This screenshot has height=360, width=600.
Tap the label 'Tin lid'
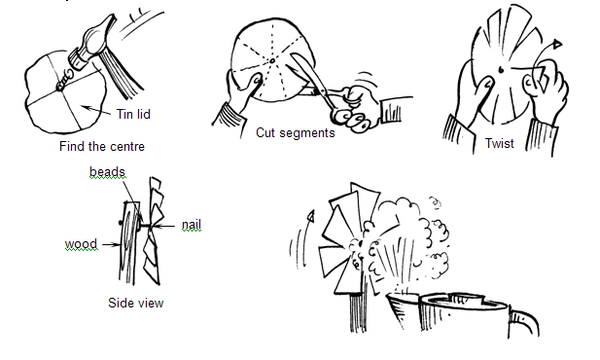click(x=133, y=114)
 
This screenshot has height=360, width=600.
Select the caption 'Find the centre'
click(x=102, y=146)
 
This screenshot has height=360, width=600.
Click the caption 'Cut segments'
click(x=295, y=132)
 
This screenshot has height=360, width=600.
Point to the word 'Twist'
click(x=499, y=143)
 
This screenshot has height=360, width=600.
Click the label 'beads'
click(x=107, y=172)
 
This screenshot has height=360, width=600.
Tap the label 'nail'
click(x=191, y=225)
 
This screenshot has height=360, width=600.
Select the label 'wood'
click(x=81, y=244)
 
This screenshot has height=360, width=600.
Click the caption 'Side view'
click(x=136, y=303)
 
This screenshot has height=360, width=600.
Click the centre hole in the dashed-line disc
click(x=272, y=60)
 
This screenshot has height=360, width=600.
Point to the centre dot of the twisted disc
click(x=501, y=70)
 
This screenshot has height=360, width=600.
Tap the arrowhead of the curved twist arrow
click(x=557, y=44)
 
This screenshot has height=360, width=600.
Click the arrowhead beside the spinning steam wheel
click(x=311, y=216)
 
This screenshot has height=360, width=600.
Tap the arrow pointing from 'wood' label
click(x=111, y=244)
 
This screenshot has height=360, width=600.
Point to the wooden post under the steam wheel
click(x=358, y=310)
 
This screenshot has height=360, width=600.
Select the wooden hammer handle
click(x=121, y=73)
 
